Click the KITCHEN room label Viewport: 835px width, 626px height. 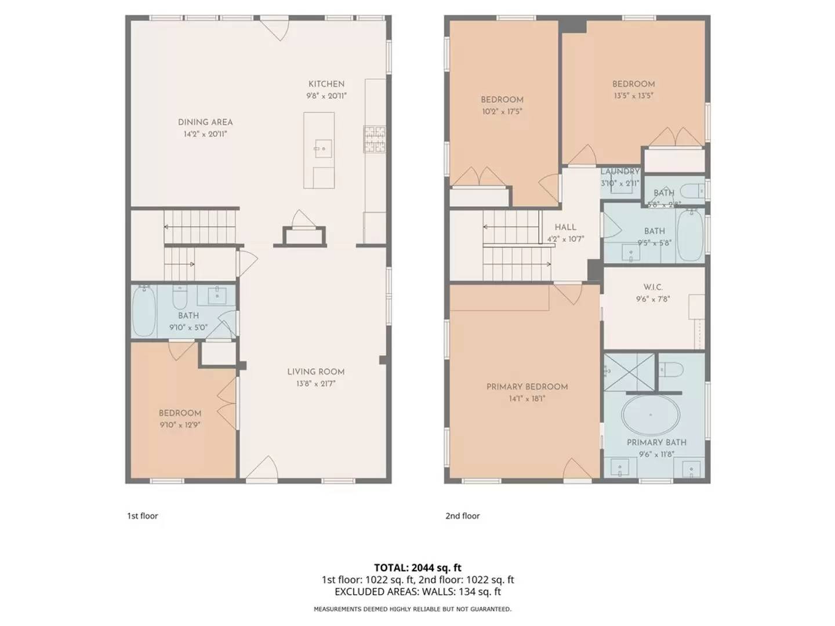click(x=326, y=84)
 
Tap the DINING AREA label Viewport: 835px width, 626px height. click(x=205, y=122)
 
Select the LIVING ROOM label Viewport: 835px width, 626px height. click(x=316, y=372)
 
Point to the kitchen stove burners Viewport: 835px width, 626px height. click(x=375, y=140)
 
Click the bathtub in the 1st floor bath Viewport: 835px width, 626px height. click(x=144, y=311)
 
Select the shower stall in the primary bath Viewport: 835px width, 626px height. click(x=629, y=372)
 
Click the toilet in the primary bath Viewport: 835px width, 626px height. click(x=671, y=369)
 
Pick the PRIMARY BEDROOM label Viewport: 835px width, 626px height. click(x=527, y=387)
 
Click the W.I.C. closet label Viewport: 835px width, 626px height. click(x=653, y=287)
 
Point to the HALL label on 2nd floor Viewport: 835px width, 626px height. click(x=565, y=227)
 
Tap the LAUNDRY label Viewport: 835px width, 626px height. click(x=620, y=172)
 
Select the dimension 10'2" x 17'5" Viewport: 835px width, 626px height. click(x=502, y=111)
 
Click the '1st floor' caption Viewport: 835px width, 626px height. click(x=143, y=516)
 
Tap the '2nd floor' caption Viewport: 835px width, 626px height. click(x=463, y=516)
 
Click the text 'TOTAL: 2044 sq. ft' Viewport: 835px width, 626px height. click(x=418, y=567)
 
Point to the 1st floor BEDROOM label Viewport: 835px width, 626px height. click(x=180, y=413)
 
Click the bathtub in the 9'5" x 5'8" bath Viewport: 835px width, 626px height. click(x=690, y=236)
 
